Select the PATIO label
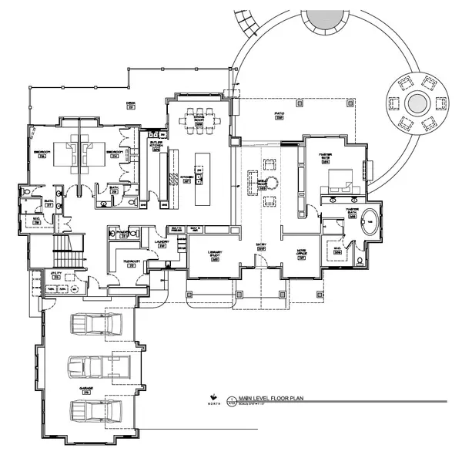point(280,114)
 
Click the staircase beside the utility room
point(62,251)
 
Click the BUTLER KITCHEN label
point(155,145)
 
